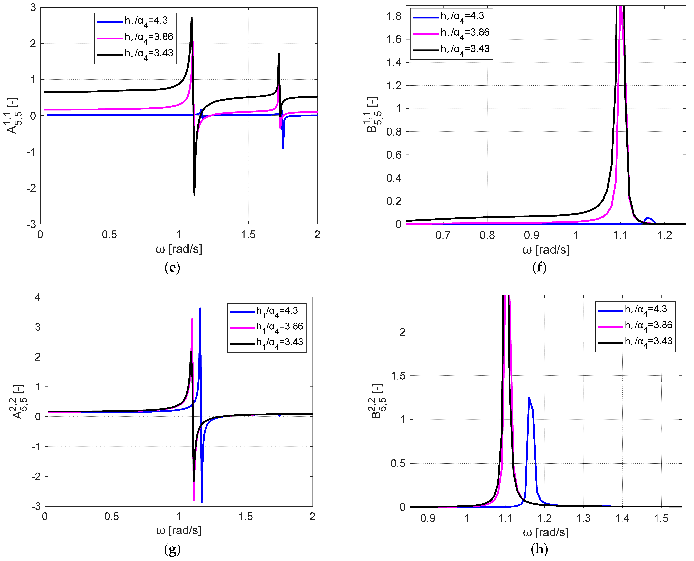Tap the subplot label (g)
[172, 549]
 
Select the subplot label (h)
[539, 549]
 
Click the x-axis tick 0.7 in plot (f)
[443, 235]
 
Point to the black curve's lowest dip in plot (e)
[194, 195]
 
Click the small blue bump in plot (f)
[647, 217]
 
